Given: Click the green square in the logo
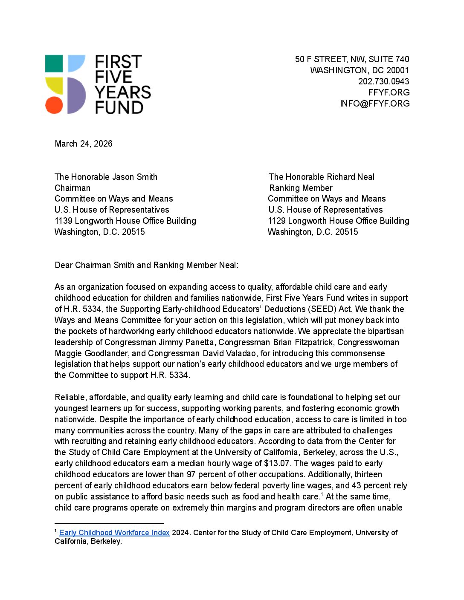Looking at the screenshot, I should [54, 63].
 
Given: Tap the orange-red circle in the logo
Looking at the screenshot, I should [54, 105].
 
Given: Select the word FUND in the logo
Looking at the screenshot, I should [119, 107].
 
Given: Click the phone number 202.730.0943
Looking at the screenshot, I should [383, 81].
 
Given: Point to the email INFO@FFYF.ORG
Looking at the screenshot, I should [374, 104].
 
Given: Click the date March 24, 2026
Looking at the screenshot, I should [84, 144].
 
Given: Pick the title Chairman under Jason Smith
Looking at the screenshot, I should [72, 188].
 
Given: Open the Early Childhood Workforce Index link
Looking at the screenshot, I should [114, 533].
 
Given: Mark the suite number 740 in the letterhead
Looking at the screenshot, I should [402, 59].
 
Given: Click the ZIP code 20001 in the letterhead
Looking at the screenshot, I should [397, 70].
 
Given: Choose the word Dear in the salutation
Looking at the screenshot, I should [64, 265].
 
